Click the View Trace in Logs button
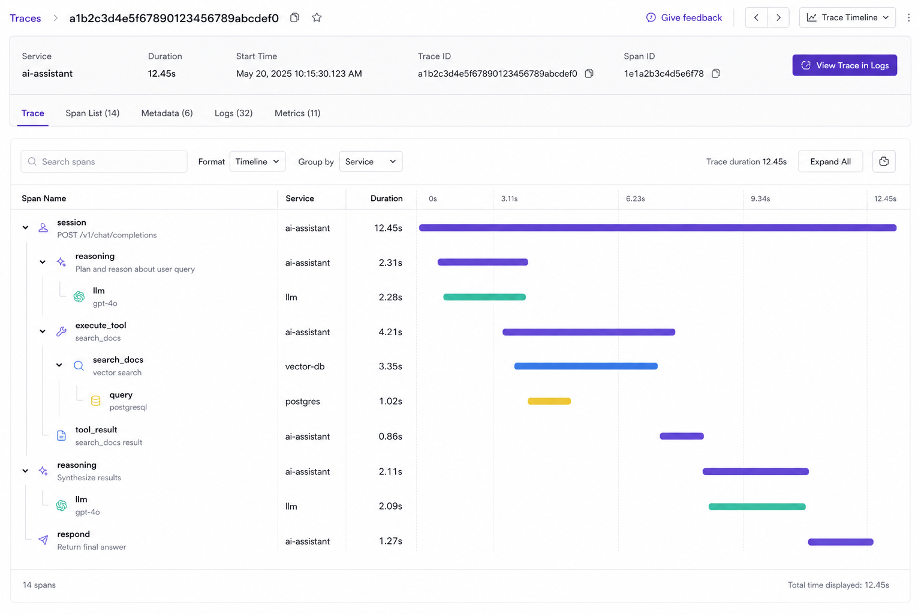point(844,65)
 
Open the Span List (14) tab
point(92,113)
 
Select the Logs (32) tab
point(233,113)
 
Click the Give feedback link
point(684,17)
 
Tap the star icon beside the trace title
point(317,17)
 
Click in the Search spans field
point(104,161)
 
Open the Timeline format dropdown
point(257,161)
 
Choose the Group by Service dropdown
point(371,161)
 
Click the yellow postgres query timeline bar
point(549,401)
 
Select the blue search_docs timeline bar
point(586,366)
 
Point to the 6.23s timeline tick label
point(635,198)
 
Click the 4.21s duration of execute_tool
point(390,332)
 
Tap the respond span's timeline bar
point(841,542)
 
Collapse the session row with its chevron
point(26,227)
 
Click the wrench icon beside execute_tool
point(61,332)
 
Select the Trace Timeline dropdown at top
point(847,17)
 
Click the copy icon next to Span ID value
point(716,73)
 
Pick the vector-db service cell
point(305,366)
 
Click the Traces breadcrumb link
point(26,18)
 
